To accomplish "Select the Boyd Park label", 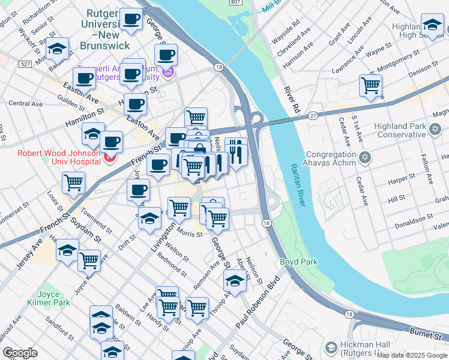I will coord(298,262).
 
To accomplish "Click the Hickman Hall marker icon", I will coord(331,347).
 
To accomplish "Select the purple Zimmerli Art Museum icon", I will coord(169,73).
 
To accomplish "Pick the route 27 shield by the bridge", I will coord(313,115).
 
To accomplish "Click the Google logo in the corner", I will coord(20,353).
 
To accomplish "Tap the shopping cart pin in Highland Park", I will coord(370,85).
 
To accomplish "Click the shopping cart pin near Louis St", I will coord(73,182).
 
